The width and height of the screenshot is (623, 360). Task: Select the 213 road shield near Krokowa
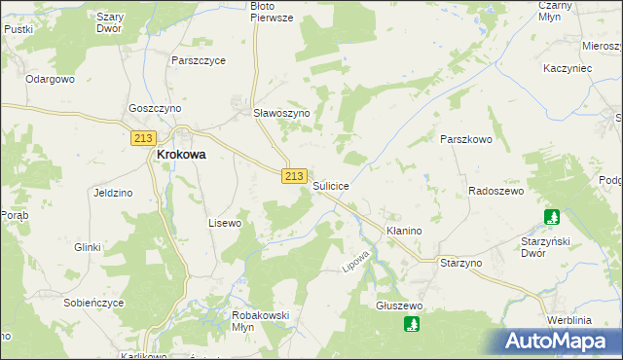pyautogui.click(x=143, y=138)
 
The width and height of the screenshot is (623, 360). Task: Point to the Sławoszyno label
pyautogui.click(x=281, y=113)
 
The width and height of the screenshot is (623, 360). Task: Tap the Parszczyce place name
pyautogui.click(x=198, y=60)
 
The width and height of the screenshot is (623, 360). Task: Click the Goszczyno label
pyautogui.click(x=155, y=109)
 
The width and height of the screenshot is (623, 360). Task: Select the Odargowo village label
pyautogui.click(x=51, y=79)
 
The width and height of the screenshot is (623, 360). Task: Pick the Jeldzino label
pyautogui.click(x=113, y=193)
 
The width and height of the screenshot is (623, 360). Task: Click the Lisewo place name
pyautogui.click(x=225, y=223)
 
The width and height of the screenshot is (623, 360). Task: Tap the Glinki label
pyautogui.click(x=88, y=247)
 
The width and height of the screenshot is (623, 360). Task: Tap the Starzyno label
pyautogui.click(x=461, y=264)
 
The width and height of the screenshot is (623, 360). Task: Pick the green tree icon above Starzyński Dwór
pyautogui.click(x=553, y=218)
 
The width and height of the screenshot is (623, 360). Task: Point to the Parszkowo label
pyautogui.click(x=467, y=139)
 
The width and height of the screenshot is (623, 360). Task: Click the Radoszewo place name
pyautogui.click(x=497, y=191)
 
